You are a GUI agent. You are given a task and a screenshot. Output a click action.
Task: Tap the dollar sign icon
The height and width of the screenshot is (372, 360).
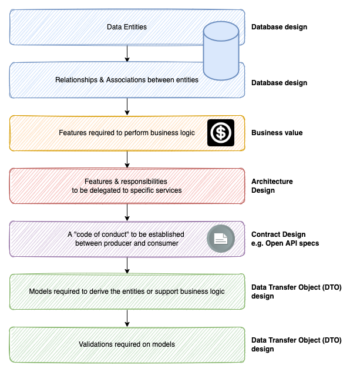221,133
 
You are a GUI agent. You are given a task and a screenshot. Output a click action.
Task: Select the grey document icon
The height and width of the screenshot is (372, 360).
221,239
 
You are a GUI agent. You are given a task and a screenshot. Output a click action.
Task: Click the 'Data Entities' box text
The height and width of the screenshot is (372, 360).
127,27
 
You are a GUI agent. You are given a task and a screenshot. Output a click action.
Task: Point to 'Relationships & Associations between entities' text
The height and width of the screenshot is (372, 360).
127,80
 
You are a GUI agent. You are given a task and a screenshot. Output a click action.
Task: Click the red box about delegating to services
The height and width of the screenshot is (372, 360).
127,186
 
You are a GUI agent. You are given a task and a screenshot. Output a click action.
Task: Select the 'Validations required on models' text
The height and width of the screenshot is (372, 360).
127,344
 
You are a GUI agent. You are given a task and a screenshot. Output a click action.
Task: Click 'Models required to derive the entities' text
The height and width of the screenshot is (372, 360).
127,291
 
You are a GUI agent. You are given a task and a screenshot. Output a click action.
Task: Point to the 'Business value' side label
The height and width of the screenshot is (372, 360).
277,133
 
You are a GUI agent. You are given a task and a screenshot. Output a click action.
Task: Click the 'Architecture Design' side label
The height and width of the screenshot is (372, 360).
272,186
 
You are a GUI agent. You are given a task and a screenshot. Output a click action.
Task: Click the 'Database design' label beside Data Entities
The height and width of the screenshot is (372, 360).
279,27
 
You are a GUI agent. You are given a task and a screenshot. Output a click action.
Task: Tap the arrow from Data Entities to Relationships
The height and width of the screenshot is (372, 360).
127,53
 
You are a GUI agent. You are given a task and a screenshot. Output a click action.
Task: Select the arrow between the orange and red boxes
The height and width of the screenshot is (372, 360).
127,159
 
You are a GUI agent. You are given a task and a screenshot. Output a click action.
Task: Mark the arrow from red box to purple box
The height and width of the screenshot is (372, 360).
127,212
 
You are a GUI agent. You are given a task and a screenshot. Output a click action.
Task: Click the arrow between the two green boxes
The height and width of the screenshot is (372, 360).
127,318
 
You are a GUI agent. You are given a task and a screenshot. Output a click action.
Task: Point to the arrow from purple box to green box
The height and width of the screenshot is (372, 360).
127,265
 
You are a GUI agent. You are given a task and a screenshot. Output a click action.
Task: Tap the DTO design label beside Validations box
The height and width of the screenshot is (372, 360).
296,344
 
